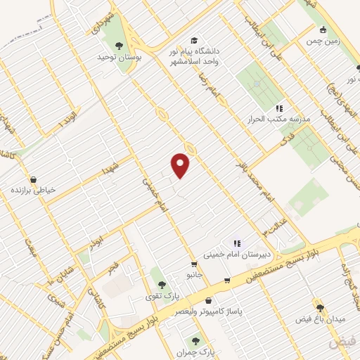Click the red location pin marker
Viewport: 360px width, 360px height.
pos(181,165)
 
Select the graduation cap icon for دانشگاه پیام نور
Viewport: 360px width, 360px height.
pos(193,40)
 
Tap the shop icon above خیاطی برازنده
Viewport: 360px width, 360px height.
pos(33,179)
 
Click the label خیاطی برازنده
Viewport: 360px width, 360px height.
pos(33,191)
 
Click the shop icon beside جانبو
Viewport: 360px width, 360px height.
pos(226,281)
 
